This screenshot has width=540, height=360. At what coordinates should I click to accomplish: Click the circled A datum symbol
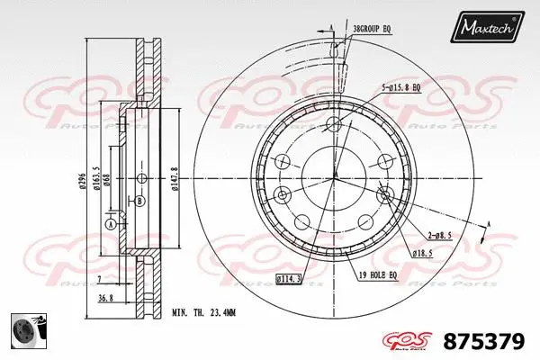110,224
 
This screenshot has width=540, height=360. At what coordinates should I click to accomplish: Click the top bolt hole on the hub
335,123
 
